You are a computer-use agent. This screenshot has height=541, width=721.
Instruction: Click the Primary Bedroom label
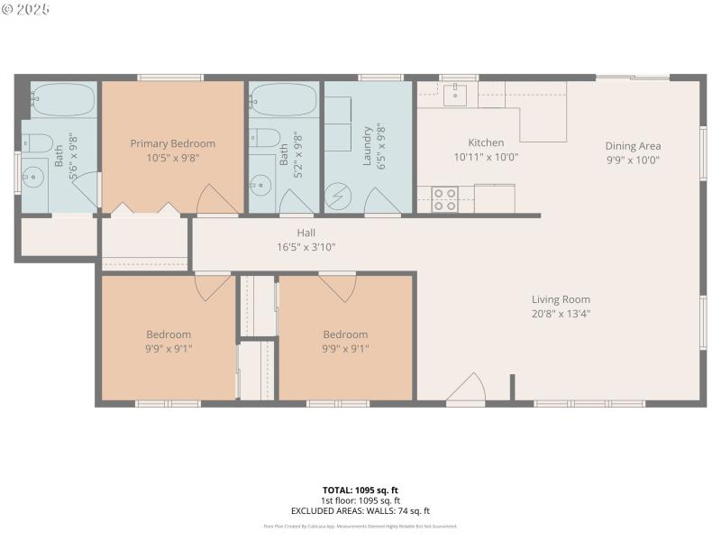[x=172, y=143]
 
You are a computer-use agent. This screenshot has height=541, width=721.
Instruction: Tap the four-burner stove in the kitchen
[x=444, y=199]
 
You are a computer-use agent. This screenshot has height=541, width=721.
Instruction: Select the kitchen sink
[x=457, y=92]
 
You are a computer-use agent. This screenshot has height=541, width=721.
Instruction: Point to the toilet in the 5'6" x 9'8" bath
[x=37, y=142]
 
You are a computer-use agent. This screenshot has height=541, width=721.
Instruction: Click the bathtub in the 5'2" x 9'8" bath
[x=283, y=100]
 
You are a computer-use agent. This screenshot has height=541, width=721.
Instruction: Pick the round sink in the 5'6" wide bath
[x=35, y=175]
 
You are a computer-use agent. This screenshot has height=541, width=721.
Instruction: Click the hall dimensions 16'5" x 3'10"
[x=306, y=247]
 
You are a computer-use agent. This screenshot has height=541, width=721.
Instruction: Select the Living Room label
[x=560, y=299]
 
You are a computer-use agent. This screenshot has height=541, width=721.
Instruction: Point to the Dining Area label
[x=633, y=146]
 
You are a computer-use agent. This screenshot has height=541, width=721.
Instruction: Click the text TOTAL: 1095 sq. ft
[x=360, y=491]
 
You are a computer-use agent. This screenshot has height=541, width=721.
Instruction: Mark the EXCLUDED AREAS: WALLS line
[x=360, y=511]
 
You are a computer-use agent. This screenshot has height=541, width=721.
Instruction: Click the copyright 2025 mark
[x=27, y=9]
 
